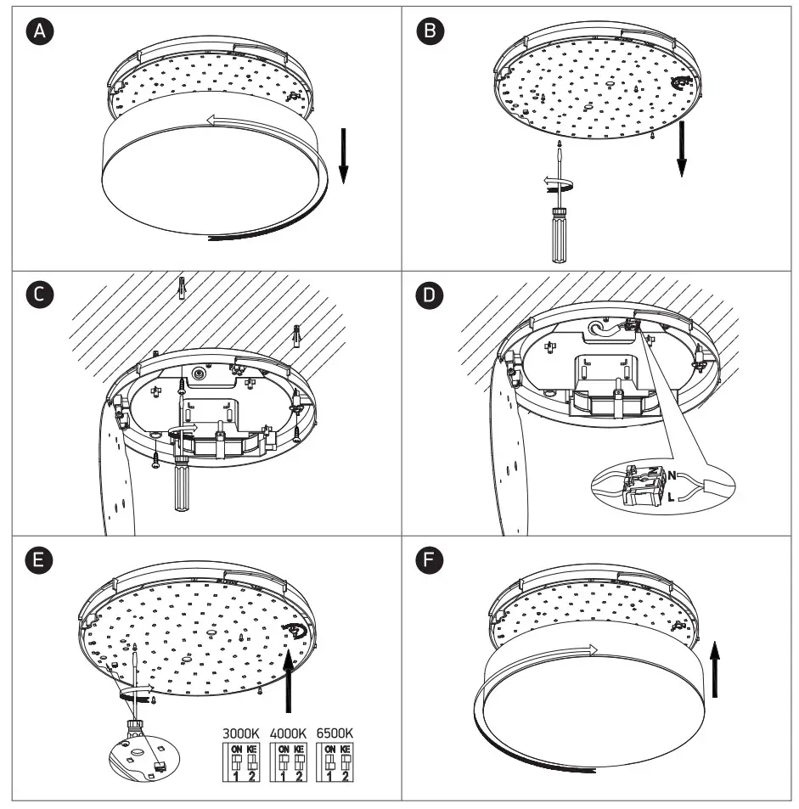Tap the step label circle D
point(431,293)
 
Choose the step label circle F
point(431,560)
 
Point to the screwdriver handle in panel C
point(182,486)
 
